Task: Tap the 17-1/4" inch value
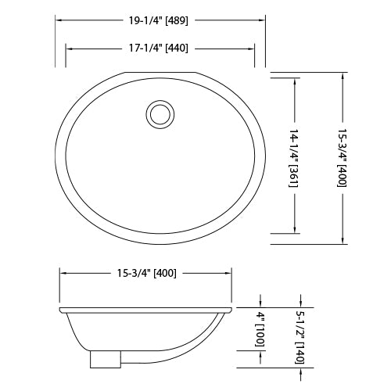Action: click(144, 48)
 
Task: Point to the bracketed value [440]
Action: click(177, 48)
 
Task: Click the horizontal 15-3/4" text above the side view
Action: click(130, 274)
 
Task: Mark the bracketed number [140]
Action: click(300, 352)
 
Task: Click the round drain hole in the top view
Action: click(160, 114)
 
